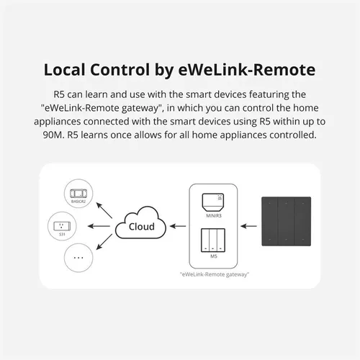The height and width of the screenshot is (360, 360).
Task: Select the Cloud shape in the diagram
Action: tap(140, 225)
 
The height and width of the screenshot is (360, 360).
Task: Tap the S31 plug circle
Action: tap(60, 225)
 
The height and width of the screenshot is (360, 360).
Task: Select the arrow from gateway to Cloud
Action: tap(177, 225)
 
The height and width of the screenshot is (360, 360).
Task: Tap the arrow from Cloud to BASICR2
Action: tap(107, 209)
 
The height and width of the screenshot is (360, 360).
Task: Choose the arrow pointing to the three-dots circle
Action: tap(107, 243)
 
